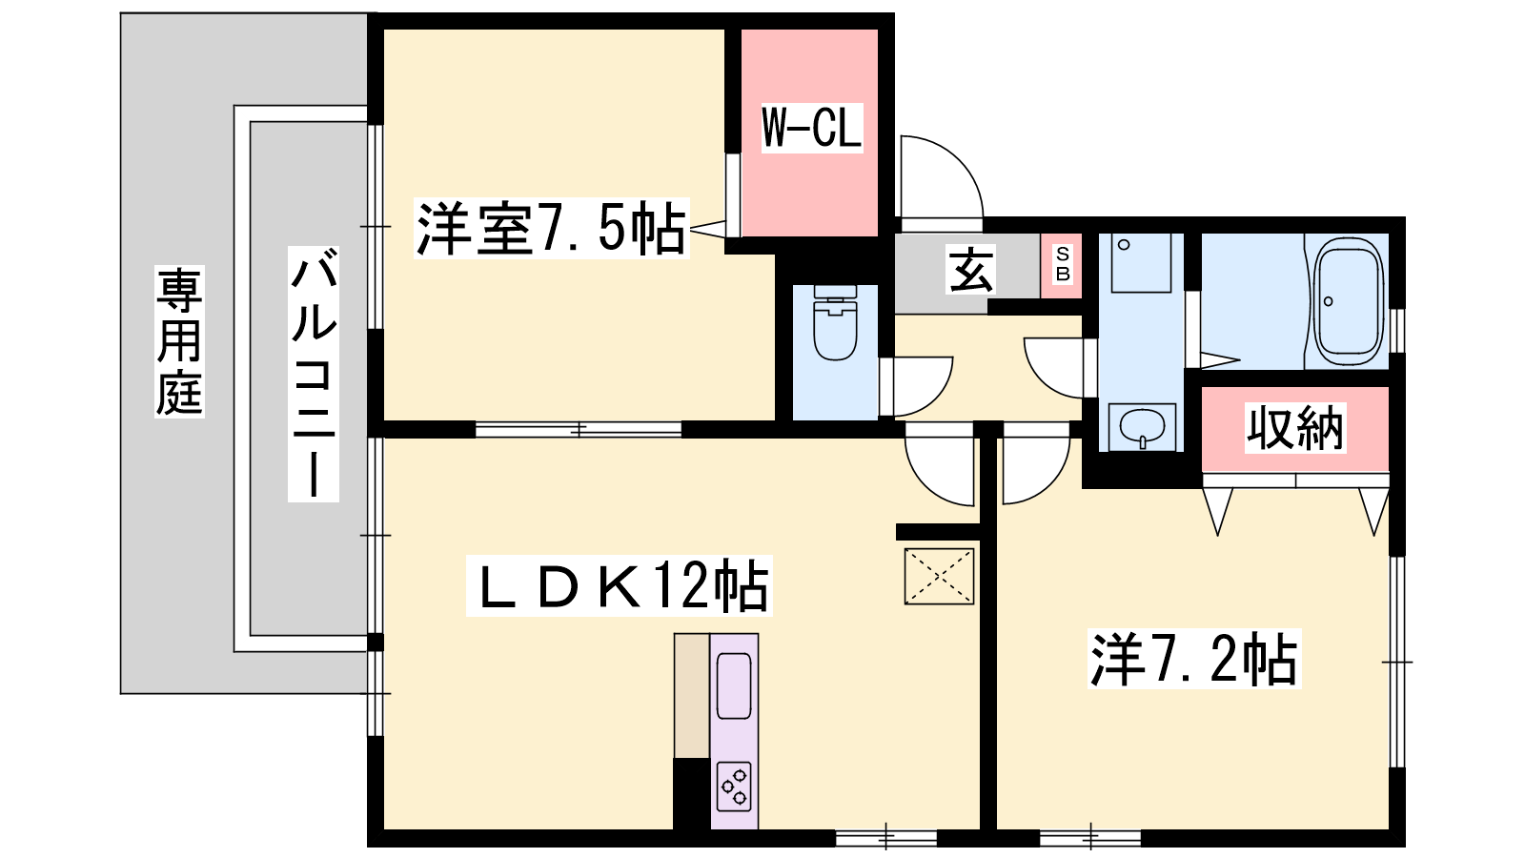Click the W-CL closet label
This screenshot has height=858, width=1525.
[811, 128]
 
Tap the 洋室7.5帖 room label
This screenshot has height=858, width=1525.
[552, 228]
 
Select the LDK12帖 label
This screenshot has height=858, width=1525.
[619, 585]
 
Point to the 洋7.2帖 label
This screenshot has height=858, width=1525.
[1194, 659]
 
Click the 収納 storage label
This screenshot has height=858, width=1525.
[1294, 428]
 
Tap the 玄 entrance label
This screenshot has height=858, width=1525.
[971, 269]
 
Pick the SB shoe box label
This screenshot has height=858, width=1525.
[1062, 264]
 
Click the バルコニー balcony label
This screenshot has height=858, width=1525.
[314, 375]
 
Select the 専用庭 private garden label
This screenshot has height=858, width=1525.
[180, 341]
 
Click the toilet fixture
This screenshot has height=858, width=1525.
[835, 322]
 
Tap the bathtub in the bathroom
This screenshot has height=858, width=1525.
[1348, 301]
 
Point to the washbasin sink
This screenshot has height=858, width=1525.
[1143, 427]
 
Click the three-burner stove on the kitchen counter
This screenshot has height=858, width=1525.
[735, 786]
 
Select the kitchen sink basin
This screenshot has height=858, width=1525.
[734, 685]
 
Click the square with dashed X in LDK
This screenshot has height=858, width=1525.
[939, 576]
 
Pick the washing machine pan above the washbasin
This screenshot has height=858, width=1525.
[1141, 263]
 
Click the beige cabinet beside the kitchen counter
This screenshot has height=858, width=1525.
[692, 696]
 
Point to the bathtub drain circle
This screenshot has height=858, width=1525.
[1329, 301]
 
